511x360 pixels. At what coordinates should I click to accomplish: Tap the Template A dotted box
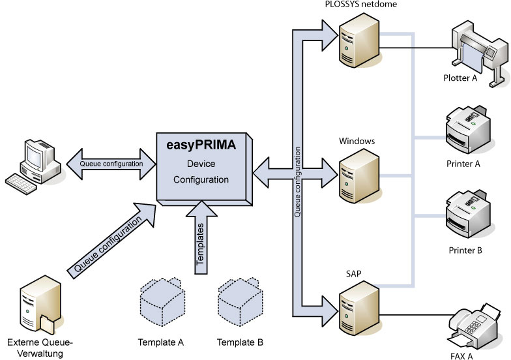pos(162,303)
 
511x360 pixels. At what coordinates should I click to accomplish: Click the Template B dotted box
pos(239,303)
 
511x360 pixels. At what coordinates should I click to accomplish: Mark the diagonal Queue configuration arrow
pos(111,241)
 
